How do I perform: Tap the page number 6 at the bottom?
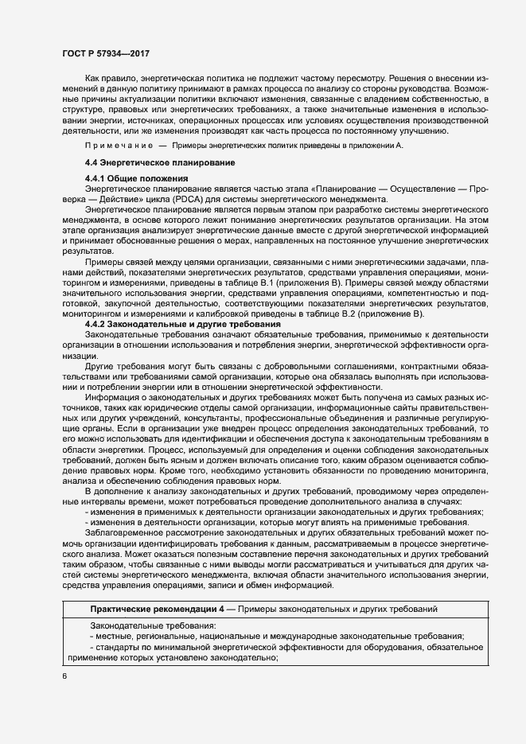(x=65, y=677)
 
